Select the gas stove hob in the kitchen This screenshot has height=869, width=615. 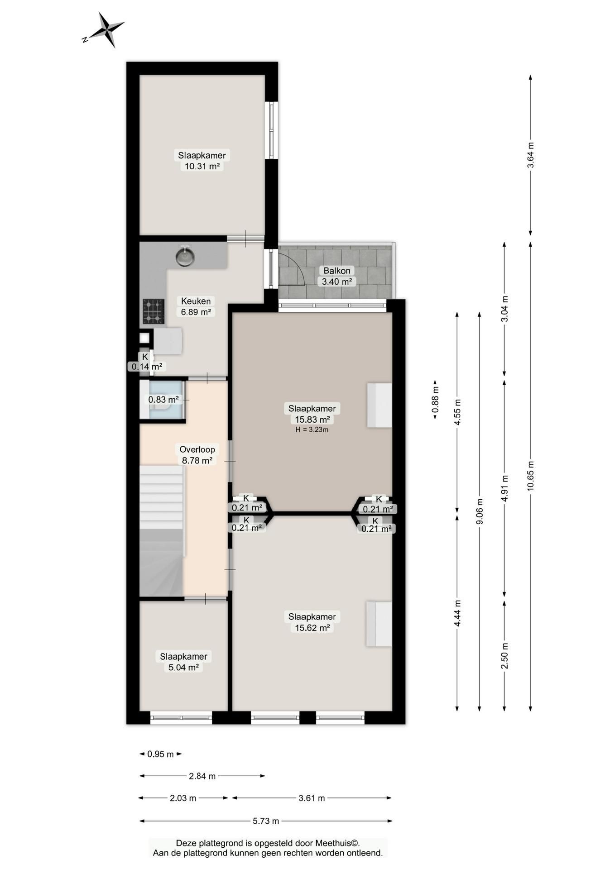(x=154, y=311)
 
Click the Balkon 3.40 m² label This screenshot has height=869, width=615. (x=337, y=276)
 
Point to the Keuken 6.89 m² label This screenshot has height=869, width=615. (x=196, y=306)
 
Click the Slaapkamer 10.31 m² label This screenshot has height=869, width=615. (x=202, y=161)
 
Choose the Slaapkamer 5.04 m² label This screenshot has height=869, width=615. (x=183, y=662)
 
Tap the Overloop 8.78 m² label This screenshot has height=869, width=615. (x=197, y=455)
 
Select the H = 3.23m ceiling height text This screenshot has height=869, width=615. (x=312, y=430)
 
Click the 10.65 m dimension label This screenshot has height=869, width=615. (x=531, y=476)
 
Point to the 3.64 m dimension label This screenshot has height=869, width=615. (x=531, y=155)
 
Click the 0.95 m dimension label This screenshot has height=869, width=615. (x=161, y=754)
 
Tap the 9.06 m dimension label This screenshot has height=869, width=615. (x=480, y=511)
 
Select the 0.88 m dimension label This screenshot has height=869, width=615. (x=435, y=399)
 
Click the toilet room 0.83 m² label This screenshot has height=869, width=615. (x=163, y=400)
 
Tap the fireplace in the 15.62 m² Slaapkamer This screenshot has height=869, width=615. (x=379, y=624)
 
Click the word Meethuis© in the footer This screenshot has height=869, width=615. (x=337, y=843)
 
